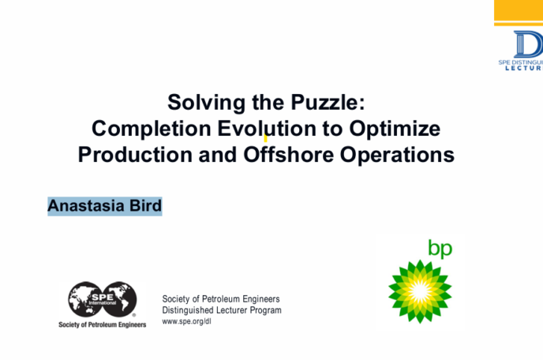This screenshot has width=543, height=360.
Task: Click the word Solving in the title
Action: click(x=200, y=103)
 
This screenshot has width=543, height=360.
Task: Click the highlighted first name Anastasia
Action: click(x=81, y=207)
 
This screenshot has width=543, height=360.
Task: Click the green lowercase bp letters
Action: click(x=440, y=249)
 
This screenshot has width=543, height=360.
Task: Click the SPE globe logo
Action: click(x=103, y=301)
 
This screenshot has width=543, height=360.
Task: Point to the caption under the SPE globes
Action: click(x=103, y=324)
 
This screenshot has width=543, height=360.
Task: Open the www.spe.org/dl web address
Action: click(x=186, y=322)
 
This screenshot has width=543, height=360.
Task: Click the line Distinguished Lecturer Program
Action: click(x=222, y=310)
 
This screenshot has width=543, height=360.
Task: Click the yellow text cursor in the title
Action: click(x=265, y=137)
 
